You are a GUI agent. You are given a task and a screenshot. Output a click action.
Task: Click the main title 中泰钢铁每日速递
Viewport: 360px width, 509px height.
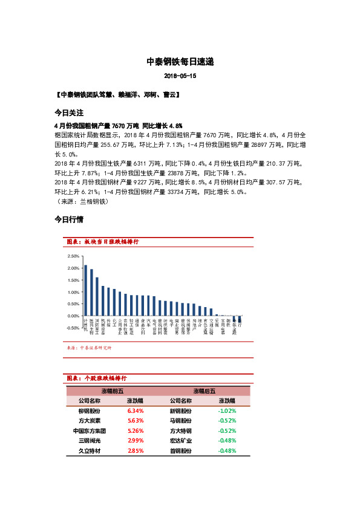tap(180, 62)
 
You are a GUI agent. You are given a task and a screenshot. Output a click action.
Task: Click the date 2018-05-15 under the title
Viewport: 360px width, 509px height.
tap(180, 77)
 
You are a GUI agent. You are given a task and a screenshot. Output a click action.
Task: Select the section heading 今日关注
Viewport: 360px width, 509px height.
tap(68, 113)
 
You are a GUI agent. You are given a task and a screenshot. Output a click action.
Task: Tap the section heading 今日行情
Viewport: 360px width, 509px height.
tap(68, 219)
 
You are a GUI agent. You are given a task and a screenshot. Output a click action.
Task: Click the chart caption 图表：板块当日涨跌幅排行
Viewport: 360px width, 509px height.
tap(102, 241)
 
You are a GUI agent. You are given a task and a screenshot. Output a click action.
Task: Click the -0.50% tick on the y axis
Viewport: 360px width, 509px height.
tap(71, 328)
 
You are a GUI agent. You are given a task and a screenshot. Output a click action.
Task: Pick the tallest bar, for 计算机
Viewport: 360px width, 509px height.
tap(85, 290)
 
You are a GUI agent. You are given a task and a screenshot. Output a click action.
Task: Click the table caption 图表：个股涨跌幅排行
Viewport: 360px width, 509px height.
tap(96, 378)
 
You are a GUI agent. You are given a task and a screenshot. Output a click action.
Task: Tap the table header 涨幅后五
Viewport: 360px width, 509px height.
tap(204, 391)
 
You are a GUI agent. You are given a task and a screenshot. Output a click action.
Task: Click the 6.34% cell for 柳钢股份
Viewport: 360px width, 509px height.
tap(135, 410)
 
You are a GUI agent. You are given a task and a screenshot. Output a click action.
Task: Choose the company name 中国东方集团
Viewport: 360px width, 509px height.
tap(90, 431)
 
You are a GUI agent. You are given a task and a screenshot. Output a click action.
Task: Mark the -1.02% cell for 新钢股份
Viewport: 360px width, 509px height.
tap(227, 410)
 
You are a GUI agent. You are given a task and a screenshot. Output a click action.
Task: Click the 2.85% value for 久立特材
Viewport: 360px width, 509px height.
tap(135, 451)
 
